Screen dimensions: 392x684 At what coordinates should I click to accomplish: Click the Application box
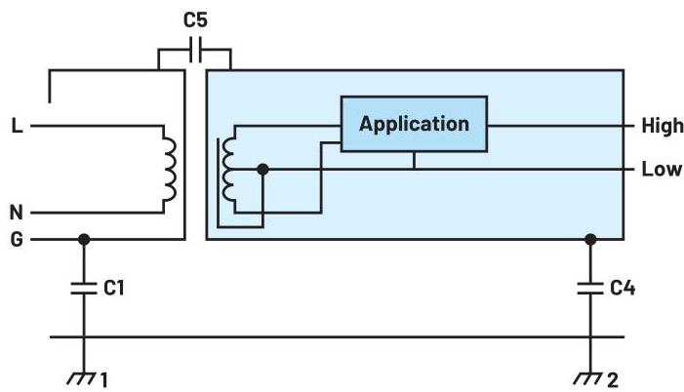coord(413,124)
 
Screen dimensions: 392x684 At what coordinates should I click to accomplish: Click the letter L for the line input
coord(16,126)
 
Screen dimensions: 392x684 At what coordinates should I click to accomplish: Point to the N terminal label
coord(16,212)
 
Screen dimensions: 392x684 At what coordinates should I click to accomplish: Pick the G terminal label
coord(16,239)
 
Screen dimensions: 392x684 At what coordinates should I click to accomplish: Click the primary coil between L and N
coord(170,169)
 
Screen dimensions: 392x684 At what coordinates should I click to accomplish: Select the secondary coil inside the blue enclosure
coord(230,169)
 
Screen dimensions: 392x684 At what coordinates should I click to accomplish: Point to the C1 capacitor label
coord(114,288)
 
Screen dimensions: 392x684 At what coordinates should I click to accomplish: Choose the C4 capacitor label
coord(623,288)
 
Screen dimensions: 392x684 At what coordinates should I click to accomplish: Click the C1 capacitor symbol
coord(84,288)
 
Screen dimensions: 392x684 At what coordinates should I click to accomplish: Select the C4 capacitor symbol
coord(589,288)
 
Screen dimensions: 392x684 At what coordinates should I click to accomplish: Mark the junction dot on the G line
coord(84,239)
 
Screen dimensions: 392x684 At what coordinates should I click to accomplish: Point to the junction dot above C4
coord(589,239)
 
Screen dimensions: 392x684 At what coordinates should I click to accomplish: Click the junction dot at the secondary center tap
coord(262,169)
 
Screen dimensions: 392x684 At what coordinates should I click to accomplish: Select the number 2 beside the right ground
coord(612,379)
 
